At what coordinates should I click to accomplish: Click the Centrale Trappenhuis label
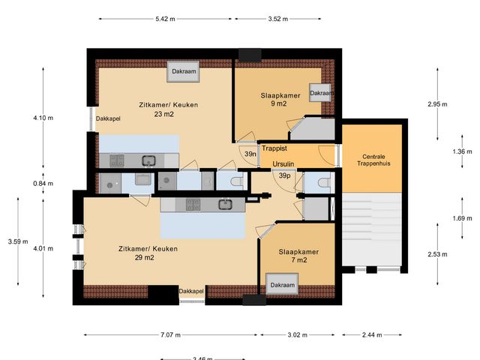click(374, 158)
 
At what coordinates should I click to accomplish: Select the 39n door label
click(250, 154)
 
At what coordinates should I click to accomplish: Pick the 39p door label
click(284, 175)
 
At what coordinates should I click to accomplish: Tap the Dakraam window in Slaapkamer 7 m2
click(282, 285)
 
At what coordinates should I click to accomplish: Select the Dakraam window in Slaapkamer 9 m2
click(321, 93)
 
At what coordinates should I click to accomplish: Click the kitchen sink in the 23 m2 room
click(149, 160)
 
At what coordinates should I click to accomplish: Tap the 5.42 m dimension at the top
click(166, 17)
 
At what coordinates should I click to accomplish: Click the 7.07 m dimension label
click(168, 334)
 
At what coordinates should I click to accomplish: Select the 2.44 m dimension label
click(372, 334)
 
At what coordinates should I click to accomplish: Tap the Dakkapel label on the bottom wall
click(192, 291)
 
